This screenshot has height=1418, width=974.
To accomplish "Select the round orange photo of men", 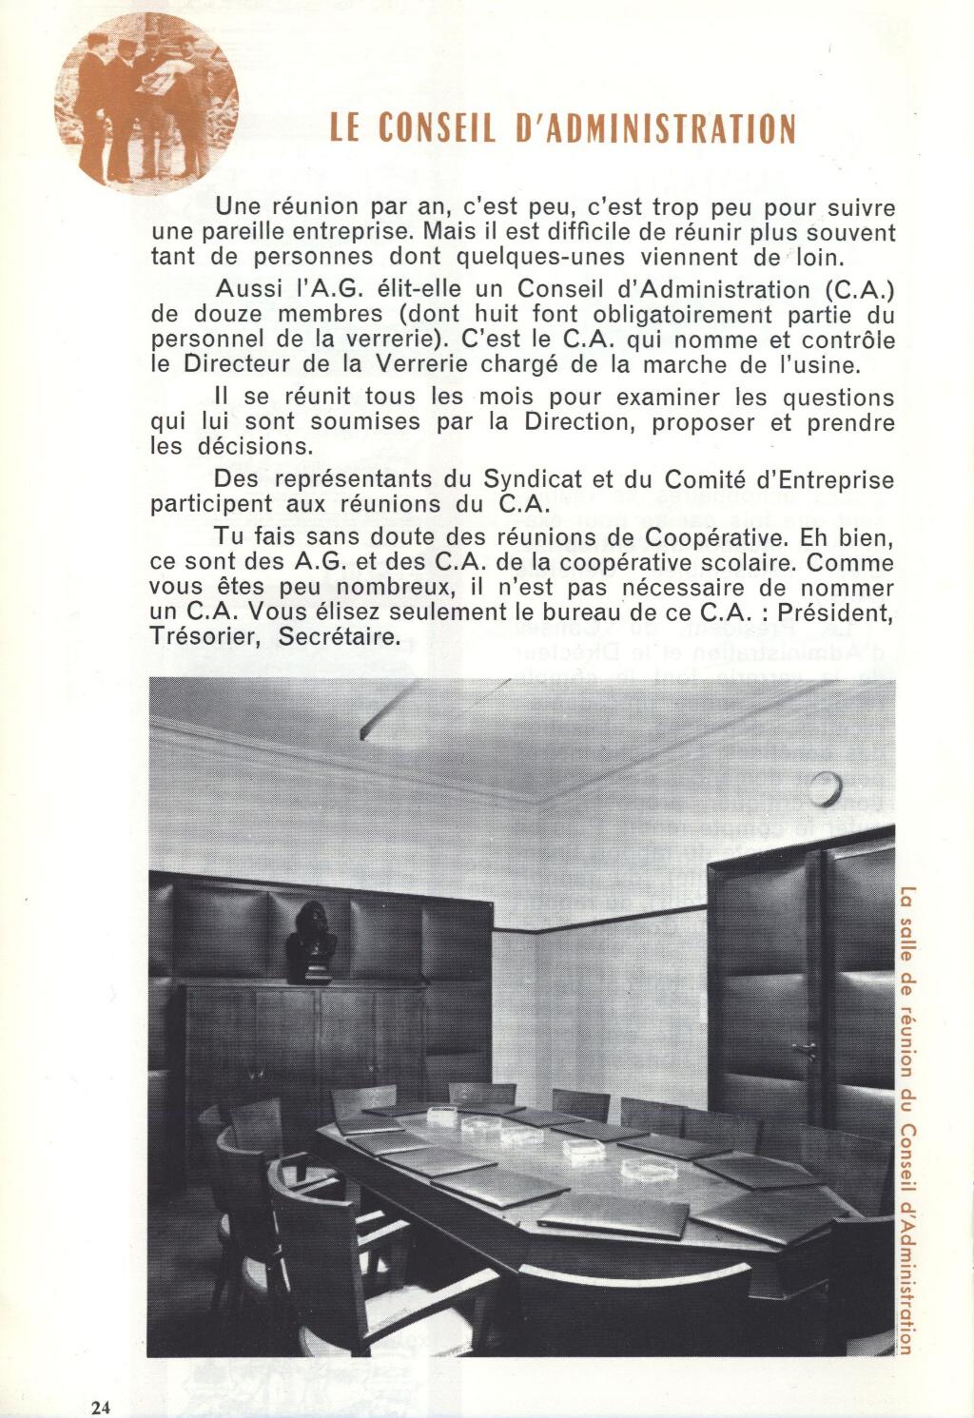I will coord(146,104).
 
